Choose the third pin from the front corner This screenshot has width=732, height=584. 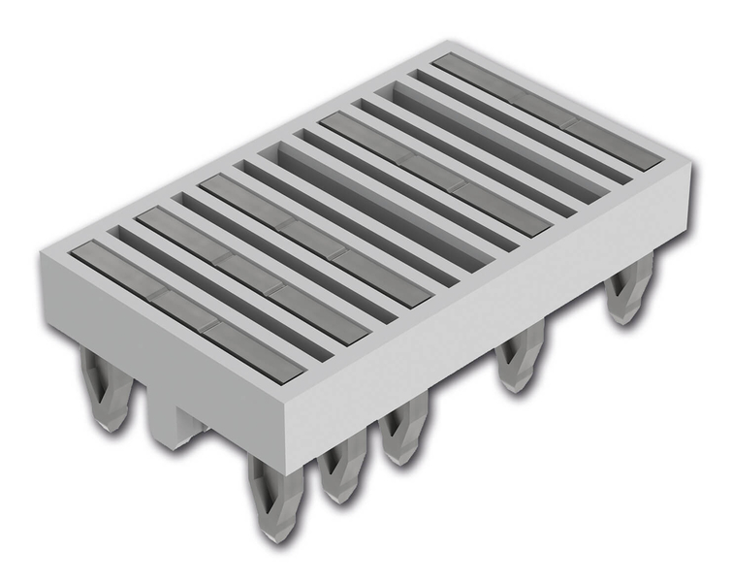point(399,437)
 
